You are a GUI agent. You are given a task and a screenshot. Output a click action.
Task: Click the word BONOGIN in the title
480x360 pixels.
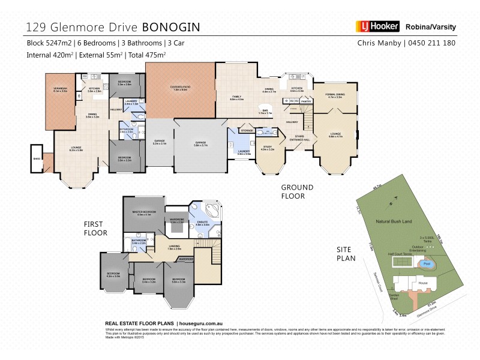pyautogui.click(x=170, y=27)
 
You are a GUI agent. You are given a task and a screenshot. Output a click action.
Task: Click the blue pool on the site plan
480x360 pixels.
pyautogui.click(x=427, y=263)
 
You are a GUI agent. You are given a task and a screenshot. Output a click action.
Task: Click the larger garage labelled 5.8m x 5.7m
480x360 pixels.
pyautogui.click(x=200, y=144)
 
